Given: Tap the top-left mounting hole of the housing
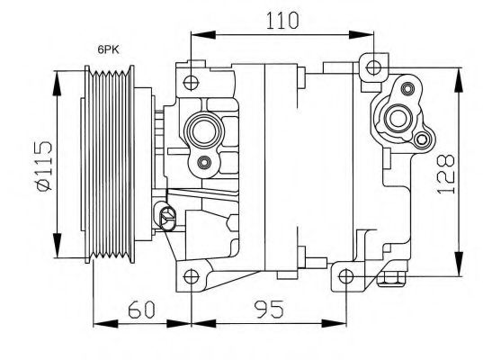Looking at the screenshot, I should [x=190, y=83].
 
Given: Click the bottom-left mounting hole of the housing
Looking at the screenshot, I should [x=190, y=276].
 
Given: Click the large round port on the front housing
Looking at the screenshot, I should [x=203, y=134].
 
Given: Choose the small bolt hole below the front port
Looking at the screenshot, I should [x=204, y=163].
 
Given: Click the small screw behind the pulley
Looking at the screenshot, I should [x=165, y=213].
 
